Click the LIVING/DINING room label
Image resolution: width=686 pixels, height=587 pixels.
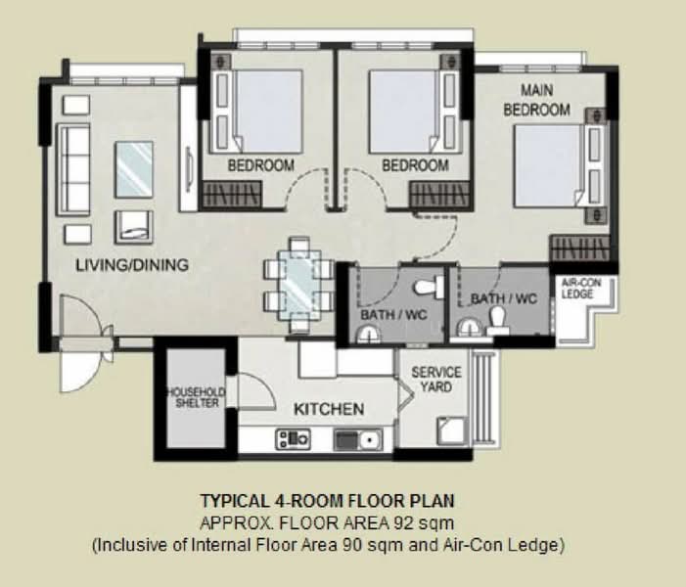[132, 265]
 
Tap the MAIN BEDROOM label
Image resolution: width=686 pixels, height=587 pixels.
[537, 100]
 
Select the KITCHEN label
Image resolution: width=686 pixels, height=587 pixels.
[329, 409]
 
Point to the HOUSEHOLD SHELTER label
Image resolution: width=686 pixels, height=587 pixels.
[197, 397]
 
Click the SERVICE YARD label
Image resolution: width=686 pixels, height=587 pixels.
[436, 380]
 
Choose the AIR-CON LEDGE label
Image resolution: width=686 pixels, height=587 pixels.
[581, 289]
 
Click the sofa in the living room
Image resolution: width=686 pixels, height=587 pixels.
[73, 169]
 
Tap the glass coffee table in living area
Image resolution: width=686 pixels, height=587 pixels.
[134, 169]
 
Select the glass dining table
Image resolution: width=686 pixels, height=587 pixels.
[300, 286]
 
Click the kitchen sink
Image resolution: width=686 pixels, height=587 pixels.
[358, 439]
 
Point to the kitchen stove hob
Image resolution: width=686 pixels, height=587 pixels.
[293, 439]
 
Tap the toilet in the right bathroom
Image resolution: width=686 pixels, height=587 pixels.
[497, 320]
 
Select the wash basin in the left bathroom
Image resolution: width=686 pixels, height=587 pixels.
[370, 335]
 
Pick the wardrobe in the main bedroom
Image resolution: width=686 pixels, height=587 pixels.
[579, 248]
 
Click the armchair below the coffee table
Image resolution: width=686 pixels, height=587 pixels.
[134, 227]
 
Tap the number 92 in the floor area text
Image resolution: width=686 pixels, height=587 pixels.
[403, 522]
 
